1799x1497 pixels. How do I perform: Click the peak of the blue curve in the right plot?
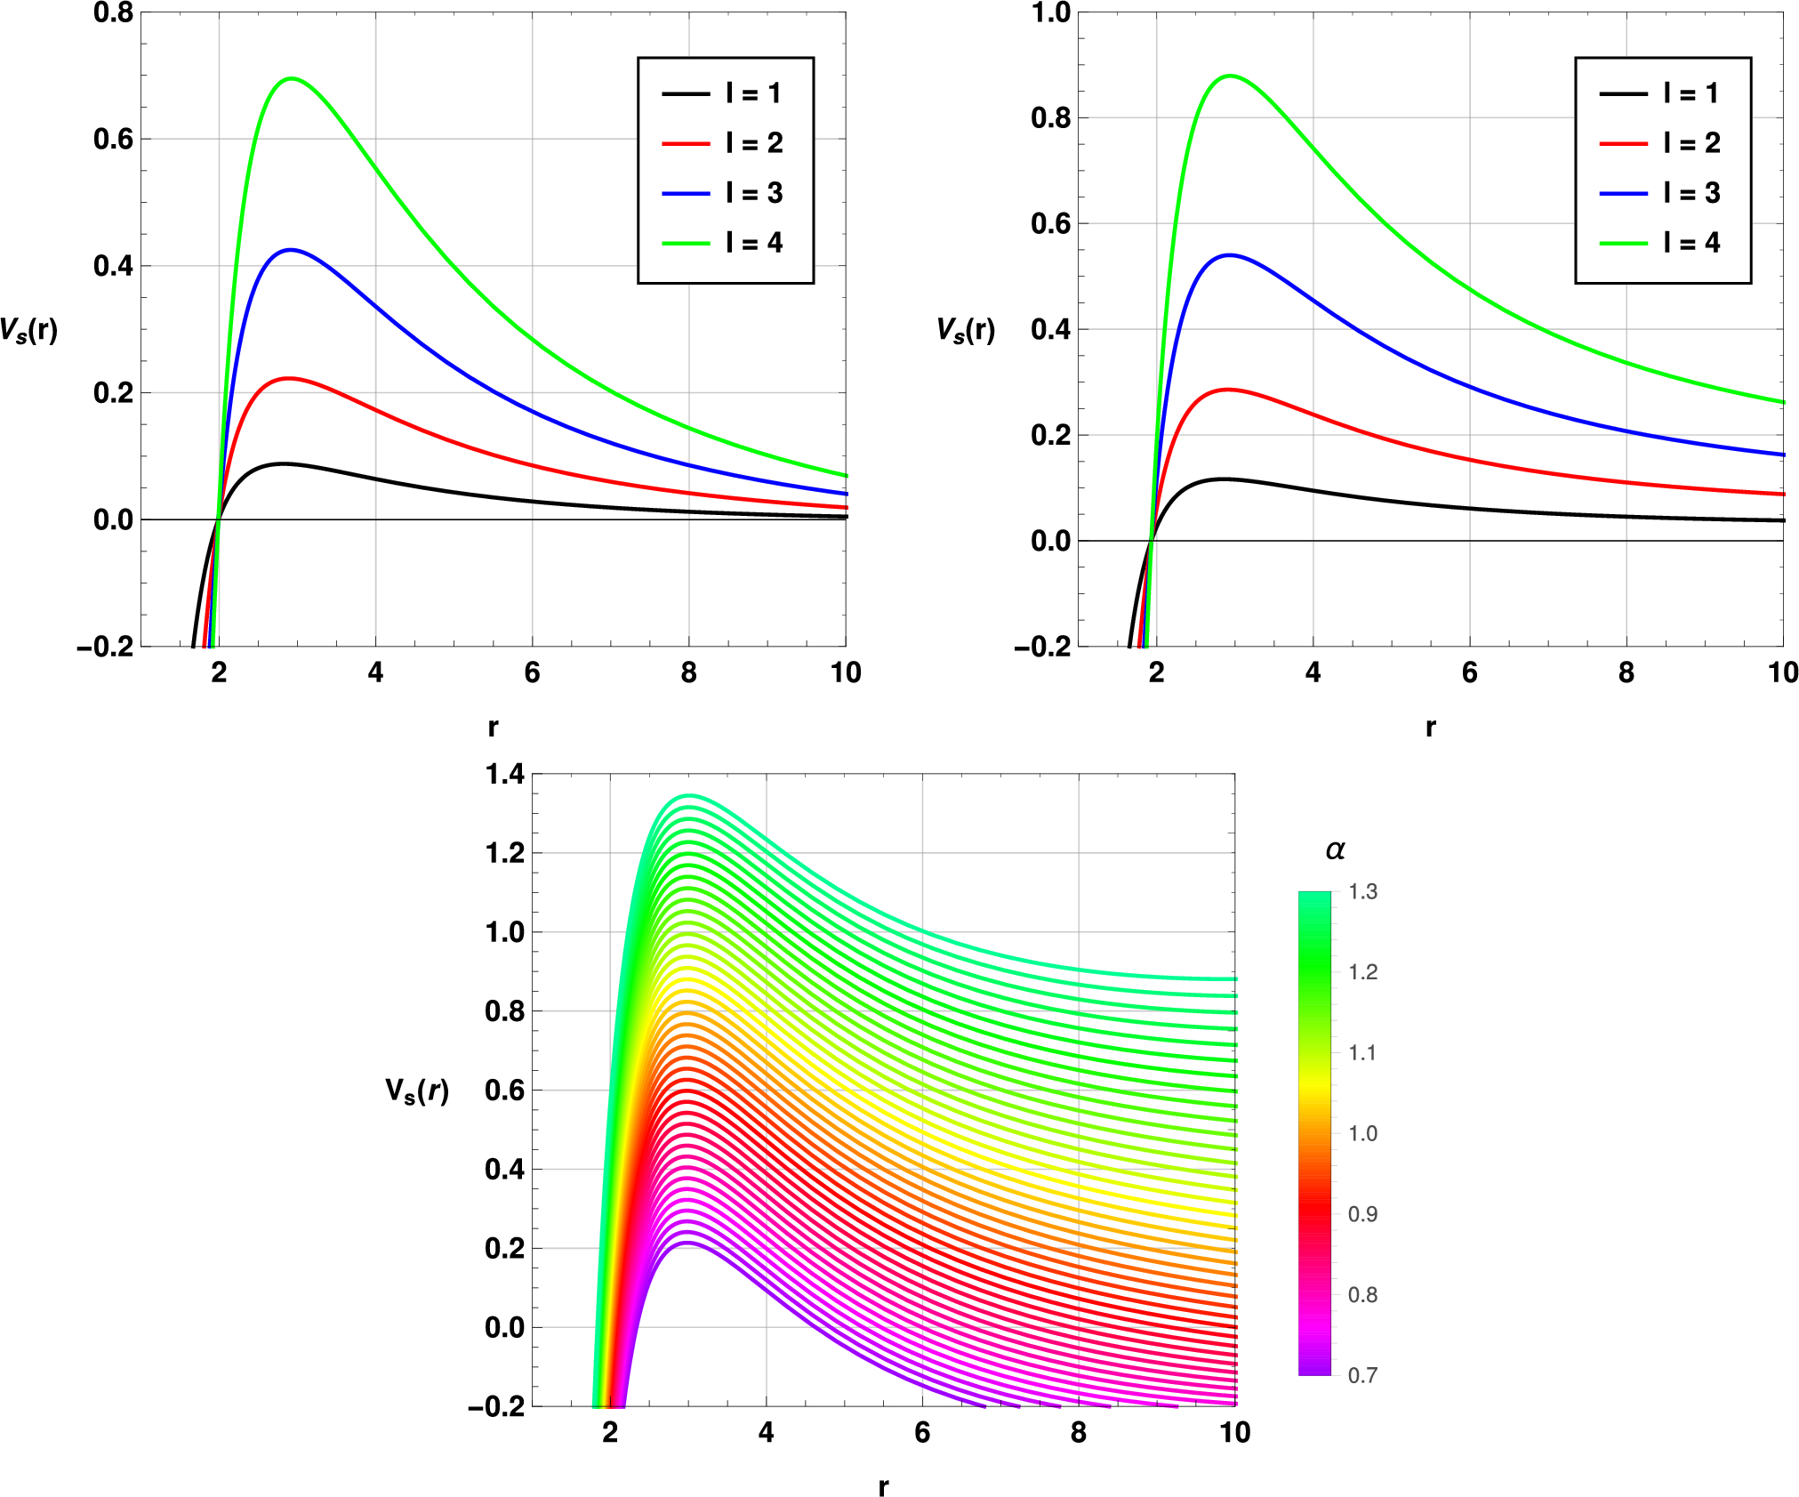point(1229,255)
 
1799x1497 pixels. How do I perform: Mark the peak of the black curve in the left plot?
point(283,463)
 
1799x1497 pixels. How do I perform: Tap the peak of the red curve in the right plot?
point(1228,390)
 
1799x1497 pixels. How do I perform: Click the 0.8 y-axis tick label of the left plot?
point(113,13)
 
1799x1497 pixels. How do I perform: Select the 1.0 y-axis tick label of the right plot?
point(1050,13)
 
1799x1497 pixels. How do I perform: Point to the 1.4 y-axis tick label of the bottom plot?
point(504,775)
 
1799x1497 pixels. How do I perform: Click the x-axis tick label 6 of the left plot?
point(532,672)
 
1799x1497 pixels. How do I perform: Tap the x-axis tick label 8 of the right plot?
point(1626,672)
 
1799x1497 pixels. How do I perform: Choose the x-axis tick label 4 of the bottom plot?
point(766,1432)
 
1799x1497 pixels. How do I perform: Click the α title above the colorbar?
point(1335,850)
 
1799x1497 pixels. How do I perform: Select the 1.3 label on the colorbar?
point(1362,892)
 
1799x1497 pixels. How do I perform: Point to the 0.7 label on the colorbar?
point(1362,1376)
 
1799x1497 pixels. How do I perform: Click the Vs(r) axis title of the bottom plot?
point(417,1091)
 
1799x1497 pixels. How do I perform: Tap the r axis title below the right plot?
point(1430,728)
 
